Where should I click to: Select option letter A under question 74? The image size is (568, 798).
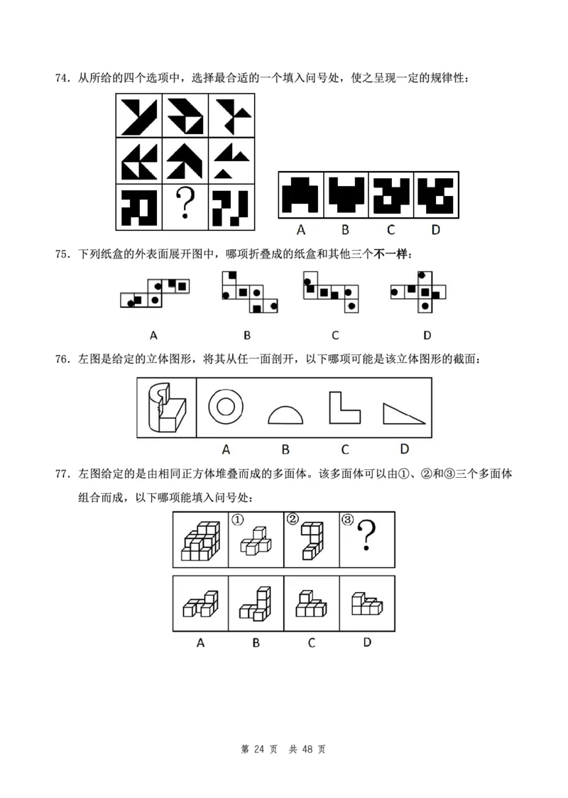coord(300,229)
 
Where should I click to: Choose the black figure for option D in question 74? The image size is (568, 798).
coord(435,194)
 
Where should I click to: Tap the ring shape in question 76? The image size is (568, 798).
coord(226,407)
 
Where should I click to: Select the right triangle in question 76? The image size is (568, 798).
coord(403,413)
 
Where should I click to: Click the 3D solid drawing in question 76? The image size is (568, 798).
coord(166,408)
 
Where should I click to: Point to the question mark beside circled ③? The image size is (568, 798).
coord(366,536)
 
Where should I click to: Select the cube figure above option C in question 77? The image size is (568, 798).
coord(310,604)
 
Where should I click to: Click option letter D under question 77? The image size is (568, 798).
coord(367,642)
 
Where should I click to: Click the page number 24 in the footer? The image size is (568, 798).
coord(258,749)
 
